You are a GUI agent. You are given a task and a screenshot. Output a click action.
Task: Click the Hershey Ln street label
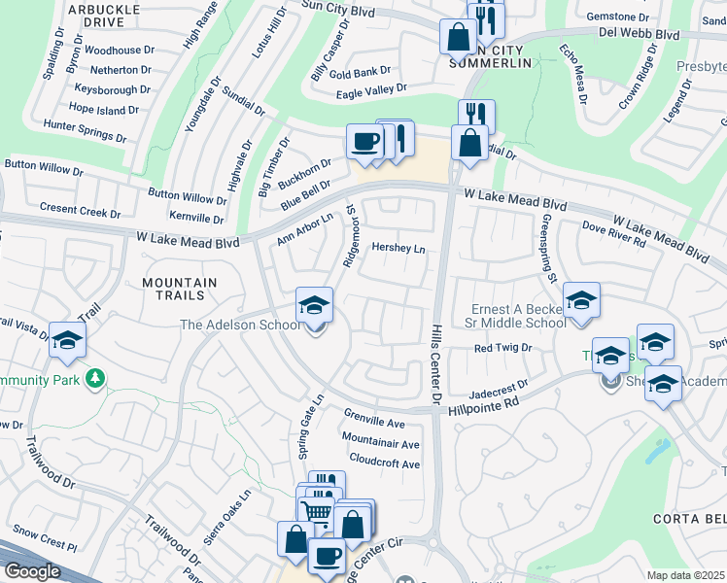(x=398, y=249)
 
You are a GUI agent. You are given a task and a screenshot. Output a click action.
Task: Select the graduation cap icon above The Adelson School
(x=314, y=306)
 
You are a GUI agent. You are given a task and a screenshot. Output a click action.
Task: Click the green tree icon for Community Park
(x=95, y=377)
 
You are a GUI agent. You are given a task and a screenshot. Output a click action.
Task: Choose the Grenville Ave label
(x=374, y=424)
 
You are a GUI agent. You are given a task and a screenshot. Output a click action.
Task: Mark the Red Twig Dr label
(x=502, y=347)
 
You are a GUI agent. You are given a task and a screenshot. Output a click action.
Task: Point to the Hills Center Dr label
(x=436, y=365)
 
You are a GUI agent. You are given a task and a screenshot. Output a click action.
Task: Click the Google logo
(x=31, y=571)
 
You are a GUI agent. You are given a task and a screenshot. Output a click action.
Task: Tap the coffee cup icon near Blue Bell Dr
(x=364, y=142)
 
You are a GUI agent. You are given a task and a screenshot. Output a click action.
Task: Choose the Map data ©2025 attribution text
(x=686, y=575)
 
